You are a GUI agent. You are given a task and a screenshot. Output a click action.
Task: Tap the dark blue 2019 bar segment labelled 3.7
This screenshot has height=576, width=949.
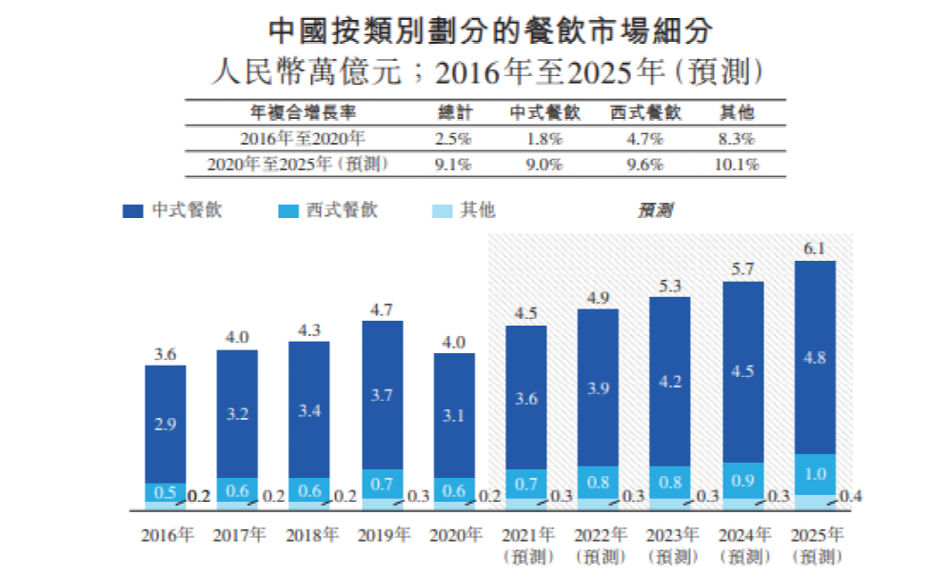382,395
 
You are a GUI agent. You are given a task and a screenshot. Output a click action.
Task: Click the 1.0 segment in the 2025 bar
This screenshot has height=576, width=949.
815,474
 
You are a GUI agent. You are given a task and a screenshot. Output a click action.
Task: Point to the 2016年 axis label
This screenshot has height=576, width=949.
166,534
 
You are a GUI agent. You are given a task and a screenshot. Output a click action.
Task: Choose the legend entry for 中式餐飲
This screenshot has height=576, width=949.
173,210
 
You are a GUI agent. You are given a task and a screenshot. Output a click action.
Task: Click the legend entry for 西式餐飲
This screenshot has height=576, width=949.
328,210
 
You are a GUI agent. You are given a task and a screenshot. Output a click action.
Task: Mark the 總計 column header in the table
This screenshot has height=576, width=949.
453,112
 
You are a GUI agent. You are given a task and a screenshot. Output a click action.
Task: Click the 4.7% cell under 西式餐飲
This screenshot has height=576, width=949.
645,138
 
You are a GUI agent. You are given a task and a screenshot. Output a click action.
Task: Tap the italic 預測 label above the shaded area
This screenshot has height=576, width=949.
655,210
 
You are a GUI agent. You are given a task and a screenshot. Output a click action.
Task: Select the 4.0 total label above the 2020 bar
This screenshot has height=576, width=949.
454,342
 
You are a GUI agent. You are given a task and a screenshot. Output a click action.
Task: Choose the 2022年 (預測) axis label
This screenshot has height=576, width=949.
599,544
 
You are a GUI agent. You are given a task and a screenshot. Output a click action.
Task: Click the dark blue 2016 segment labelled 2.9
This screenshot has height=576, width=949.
166,425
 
